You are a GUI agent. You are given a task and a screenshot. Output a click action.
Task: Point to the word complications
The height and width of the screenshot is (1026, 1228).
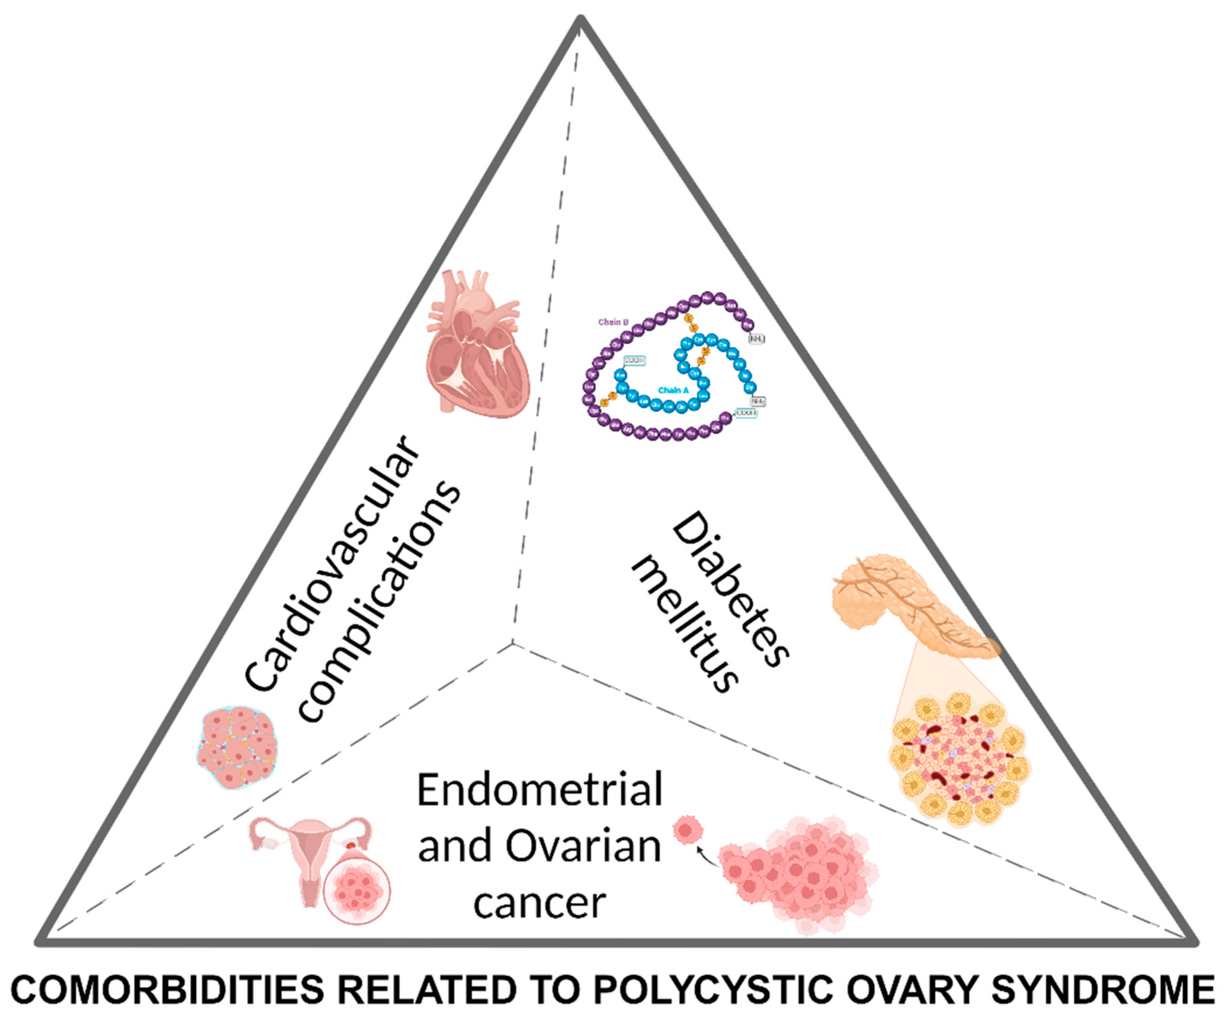tap(380, 603)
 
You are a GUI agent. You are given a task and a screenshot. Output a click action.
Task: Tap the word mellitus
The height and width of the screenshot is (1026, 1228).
tap(684, 626)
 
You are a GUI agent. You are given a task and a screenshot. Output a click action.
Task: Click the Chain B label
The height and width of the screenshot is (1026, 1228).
tap(613, 322)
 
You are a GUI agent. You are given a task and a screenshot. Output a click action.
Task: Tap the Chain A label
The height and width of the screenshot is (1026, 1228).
tap(673, 390)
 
